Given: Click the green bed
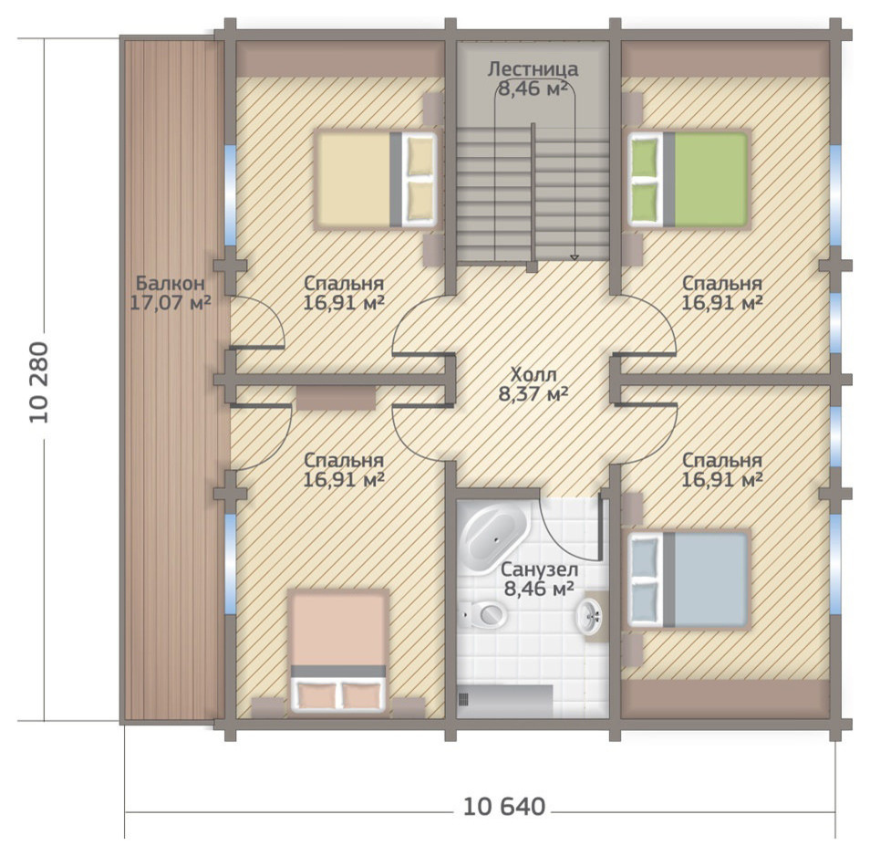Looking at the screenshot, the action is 689,179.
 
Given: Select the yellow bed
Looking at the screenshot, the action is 376,179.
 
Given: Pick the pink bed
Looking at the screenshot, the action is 338,652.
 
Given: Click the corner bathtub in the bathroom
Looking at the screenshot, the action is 493,538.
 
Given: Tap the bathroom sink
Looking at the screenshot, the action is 589,616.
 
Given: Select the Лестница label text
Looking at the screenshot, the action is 533,69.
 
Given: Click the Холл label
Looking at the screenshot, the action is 533,373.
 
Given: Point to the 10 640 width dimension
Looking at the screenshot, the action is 503,806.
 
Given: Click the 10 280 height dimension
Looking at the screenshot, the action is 39,383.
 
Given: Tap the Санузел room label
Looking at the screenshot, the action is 539,569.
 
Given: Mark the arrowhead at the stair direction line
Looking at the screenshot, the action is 575,257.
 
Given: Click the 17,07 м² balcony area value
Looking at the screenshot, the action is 171,303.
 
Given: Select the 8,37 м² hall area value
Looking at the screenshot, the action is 533,393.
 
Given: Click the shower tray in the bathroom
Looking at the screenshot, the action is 505,701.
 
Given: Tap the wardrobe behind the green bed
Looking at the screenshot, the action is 725,58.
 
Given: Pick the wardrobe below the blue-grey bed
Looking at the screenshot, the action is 725,699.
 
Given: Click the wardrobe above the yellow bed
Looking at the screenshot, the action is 341,58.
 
